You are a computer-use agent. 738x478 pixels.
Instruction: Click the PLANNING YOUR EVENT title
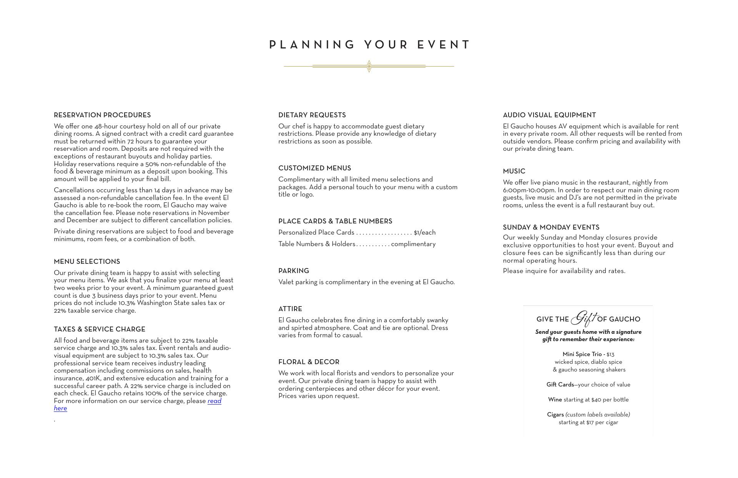[369, 45]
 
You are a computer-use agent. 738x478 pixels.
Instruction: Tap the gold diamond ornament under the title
[369, 66]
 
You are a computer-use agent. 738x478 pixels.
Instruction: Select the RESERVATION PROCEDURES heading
[102, 115]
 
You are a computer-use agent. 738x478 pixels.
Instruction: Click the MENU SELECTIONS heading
[87, 262]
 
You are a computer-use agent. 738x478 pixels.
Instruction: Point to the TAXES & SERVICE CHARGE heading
[100, 330]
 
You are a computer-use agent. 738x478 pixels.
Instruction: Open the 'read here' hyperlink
[214, 401]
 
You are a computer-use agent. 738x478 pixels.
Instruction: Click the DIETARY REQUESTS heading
[312, 115]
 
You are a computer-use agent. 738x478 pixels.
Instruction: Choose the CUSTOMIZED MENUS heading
[315, 168]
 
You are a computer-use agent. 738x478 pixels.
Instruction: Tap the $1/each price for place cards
[425, 233]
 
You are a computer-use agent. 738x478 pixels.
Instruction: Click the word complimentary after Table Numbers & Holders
[413, 244]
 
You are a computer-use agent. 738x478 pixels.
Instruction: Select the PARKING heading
[294, 271]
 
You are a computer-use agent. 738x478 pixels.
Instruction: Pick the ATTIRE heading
[290, 309]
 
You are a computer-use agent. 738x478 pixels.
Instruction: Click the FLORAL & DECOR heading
[309, 362]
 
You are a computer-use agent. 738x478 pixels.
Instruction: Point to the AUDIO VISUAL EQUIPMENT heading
[549, 115]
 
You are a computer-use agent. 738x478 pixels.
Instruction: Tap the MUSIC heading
[514, 172]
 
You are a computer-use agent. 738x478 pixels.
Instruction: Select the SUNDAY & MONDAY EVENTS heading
[551, 228]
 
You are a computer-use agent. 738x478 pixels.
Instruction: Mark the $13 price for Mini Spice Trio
[610, 355]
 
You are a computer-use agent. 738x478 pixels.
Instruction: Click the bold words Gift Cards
[560, 385]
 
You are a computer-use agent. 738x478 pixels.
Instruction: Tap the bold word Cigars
[555, 415]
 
